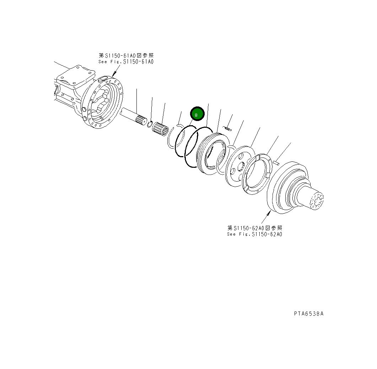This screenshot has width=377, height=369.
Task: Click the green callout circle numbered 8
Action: (197, 114)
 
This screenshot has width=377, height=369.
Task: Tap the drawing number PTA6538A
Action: (308, 314)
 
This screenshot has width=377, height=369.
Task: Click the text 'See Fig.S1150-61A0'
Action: (126, 62)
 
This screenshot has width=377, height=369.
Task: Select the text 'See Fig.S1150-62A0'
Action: (255, 234)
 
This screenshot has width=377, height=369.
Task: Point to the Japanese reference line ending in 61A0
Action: (126, 56)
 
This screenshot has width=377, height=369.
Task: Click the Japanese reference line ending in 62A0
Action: (255, 228)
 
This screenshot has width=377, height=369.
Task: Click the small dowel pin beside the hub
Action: (277, 162)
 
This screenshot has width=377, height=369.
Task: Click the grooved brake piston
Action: (210, 153)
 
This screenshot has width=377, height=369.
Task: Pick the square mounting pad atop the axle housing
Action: (76, 75)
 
